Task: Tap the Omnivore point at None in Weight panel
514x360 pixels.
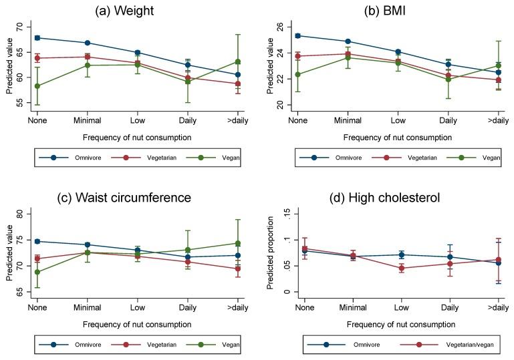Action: (x=37, y=37)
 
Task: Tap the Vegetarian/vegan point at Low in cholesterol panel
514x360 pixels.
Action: (x=399, y=268)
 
